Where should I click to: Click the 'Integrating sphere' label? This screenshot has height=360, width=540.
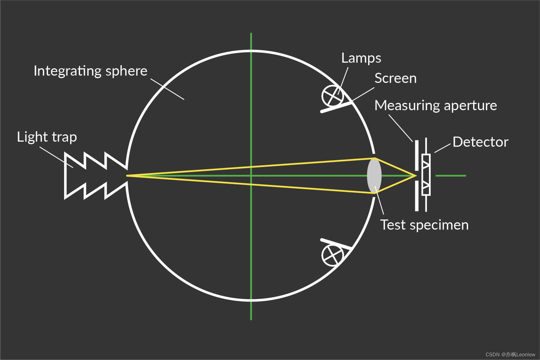click(90, 71)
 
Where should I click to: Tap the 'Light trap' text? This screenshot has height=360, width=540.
click(47, 137)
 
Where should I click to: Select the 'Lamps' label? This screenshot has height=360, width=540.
click(361, 58)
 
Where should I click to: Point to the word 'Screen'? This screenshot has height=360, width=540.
click(395, 78)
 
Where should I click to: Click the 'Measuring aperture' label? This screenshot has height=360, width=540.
click(435, 106)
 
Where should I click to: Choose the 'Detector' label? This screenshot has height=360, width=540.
click(480, 142)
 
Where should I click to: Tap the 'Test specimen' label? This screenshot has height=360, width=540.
click(424, 225)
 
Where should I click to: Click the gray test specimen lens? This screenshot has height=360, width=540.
click(374, 176)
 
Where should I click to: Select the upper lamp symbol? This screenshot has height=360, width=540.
click(333, 96)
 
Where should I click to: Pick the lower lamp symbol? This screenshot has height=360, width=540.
click(333, 255)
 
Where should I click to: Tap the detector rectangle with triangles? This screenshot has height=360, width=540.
click(426, 175)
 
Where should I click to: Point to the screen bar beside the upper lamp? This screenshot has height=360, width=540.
click(336, 107)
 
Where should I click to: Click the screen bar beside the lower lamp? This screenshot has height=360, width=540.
click(336, 244)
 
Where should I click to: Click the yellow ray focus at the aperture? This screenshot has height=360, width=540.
click(415, 176)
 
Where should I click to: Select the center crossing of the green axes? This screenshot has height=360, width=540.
click(251, 176)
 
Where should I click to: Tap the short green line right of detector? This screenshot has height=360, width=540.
click(451, 176)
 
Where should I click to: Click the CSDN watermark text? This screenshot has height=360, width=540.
click(510, 355)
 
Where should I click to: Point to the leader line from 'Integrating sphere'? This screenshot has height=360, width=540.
click(167, 89)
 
